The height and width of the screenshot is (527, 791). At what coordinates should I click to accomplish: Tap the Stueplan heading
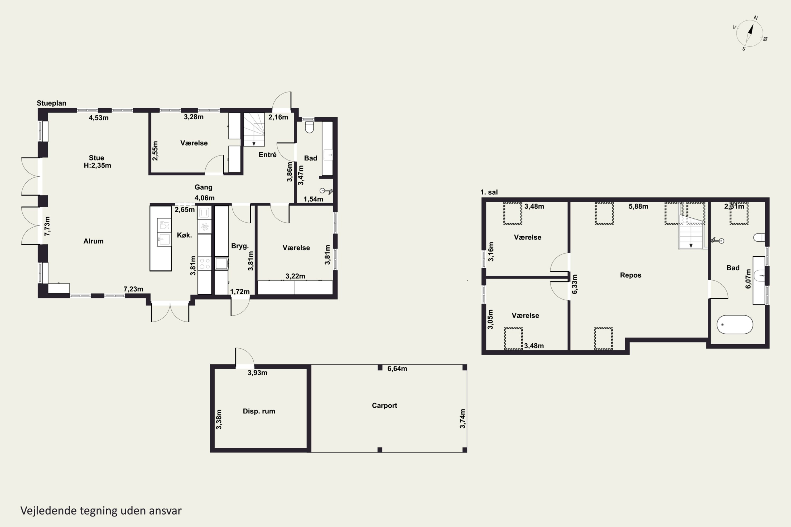click(x=51, y=103)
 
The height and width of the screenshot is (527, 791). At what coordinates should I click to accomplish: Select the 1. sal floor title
click(x=489, y=192)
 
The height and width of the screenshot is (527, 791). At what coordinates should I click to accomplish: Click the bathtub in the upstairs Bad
click(x=735, y=325)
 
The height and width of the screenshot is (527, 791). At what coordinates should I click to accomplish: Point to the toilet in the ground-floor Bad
click(x=309, y=127)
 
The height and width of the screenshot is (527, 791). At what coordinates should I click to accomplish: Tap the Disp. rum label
click(x=259, y=411)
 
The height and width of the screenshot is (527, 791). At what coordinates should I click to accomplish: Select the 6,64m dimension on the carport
click(x=397, y=369)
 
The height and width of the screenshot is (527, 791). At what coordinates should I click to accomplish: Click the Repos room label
click(x=631, y=275)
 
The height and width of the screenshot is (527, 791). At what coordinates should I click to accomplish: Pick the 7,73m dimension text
click(x=47, y=226)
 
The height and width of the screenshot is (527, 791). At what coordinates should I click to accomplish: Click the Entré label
click(x=267, y=155)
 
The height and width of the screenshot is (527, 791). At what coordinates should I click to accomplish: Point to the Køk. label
click(x=184, y=235)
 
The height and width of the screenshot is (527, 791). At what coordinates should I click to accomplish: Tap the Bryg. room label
click(x=240, y=246)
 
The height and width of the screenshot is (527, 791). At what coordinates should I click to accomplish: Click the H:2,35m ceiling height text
click(x=97, y=165)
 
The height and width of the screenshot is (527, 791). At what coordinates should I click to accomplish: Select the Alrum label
click(x=94, y=241)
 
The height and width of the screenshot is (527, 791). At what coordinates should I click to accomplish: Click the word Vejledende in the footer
click(x=49, y=511)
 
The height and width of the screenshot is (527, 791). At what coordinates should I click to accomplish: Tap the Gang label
click(x=204, y=187)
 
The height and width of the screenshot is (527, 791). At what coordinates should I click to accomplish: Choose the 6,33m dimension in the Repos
click(x=575, y=284)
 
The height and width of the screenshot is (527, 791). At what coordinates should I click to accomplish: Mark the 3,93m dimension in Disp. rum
click(x=257, y=373)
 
